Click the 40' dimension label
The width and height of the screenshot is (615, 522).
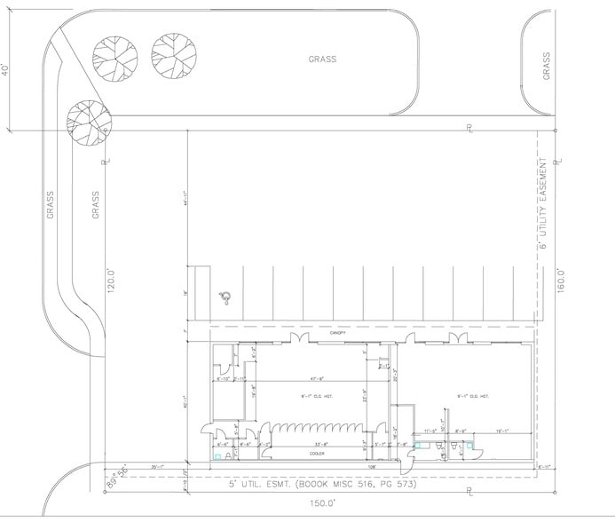tap(6, 69)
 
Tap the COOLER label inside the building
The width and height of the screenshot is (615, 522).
tap(316, 454)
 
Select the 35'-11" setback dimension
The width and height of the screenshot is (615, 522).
tap(160, 465)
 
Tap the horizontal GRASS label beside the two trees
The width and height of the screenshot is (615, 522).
tap(322, 59)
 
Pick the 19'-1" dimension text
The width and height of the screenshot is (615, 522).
tap(503, 431)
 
